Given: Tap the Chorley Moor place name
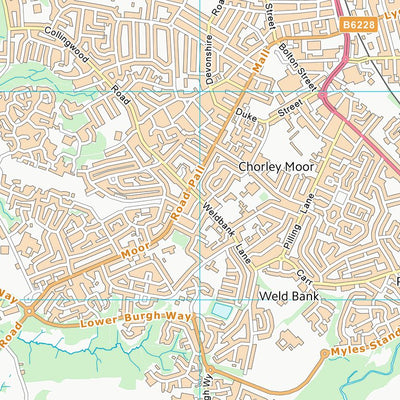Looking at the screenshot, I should [277, 166].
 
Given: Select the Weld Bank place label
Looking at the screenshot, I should [287, 297].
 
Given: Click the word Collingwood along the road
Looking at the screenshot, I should [67, 47].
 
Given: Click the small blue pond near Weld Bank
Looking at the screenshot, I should [219, 314].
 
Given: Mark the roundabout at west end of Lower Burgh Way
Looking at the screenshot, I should [27, 310].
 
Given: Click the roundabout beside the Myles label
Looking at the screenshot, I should [323, 353].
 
